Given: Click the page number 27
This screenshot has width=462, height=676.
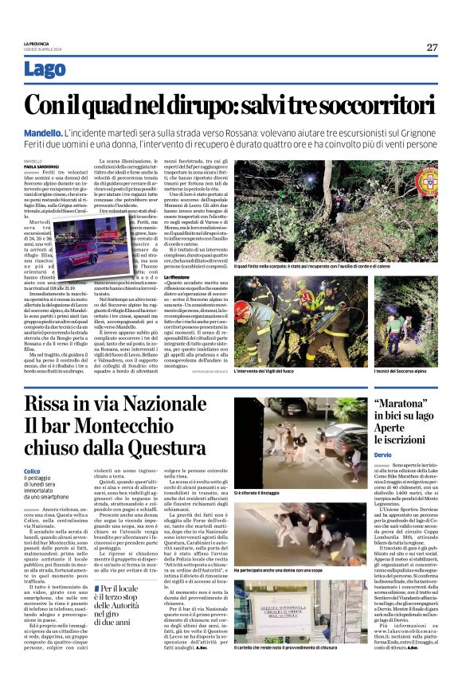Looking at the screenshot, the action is point(432,47).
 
